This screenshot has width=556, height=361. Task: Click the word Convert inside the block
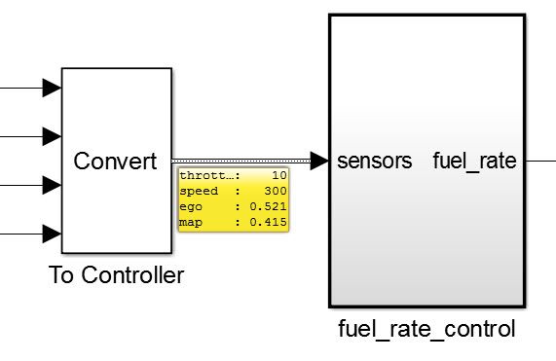pyautogui.click(x=115, y=162)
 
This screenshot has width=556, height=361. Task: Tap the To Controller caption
pyautogui.click(x=116, y=275)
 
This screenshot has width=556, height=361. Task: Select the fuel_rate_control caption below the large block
pyautogui.click(x=426, y=329)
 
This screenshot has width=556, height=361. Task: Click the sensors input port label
pyautogui.click(x=374, y=162)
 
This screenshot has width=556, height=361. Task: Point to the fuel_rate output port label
pyautogui.click(x=474, y=162)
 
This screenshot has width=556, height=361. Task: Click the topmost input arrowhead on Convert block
pyautogui.click(x=52, y=89)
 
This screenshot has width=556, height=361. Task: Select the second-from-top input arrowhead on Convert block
pyautogui.click(x=52, y=136)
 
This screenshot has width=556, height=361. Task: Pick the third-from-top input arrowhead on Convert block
pyautogui.click(x=52, y=185)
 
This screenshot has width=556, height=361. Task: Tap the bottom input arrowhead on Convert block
pyautogui.click(x=52, y=234)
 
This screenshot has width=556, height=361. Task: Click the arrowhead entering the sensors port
pyautogui.click(x=319, y=161)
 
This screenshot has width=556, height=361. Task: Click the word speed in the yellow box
pyautogui.click(x=197, y=192)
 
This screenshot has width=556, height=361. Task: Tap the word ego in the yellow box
pyautogui.click(x=191, y=207)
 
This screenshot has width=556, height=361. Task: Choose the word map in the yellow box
pyautogui.click(x=191, y=223)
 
